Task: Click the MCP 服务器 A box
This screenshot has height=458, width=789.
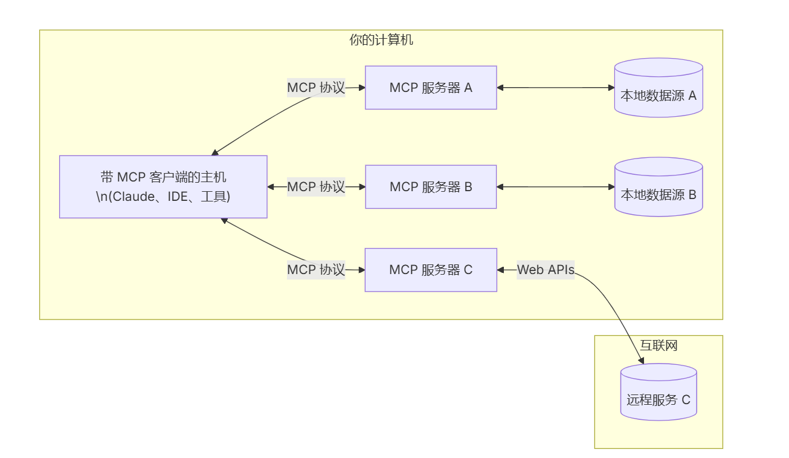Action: (x=431, y=88)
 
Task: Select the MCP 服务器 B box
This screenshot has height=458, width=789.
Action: (x=431, y=187)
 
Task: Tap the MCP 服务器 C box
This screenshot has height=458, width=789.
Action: (x=431, y=270)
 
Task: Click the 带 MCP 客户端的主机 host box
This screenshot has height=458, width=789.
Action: (x=163, y=187)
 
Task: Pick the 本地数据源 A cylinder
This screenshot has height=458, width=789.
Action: (x=659, y=88)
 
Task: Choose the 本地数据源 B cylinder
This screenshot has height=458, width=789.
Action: (x=659, y=187)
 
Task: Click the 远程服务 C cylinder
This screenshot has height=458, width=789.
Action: (x=659, y=392)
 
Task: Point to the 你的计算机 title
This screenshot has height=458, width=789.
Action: (x=381, y=40)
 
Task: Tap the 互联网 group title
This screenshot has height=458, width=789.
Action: (x=659, y=345)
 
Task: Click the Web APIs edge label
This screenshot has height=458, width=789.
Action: (x=546, y=270)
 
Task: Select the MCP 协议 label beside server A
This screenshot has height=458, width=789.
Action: (x=316, y=88)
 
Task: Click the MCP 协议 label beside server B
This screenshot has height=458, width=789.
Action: (x=316, y=187)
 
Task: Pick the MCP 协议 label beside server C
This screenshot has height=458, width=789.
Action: (x=316, y=270)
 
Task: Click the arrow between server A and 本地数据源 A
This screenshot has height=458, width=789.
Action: (x=556, y=88)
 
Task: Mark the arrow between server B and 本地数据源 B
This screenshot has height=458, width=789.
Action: (x=556, y=187)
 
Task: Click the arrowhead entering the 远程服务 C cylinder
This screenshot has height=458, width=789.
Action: (x=641, y=360)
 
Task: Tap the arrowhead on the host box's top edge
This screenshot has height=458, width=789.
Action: (x=215, y=152)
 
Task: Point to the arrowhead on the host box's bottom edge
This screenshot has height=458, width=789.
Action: (x=224, y=221)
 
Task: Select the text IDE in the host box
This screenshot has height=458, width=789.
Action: (x=178, y=197)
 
